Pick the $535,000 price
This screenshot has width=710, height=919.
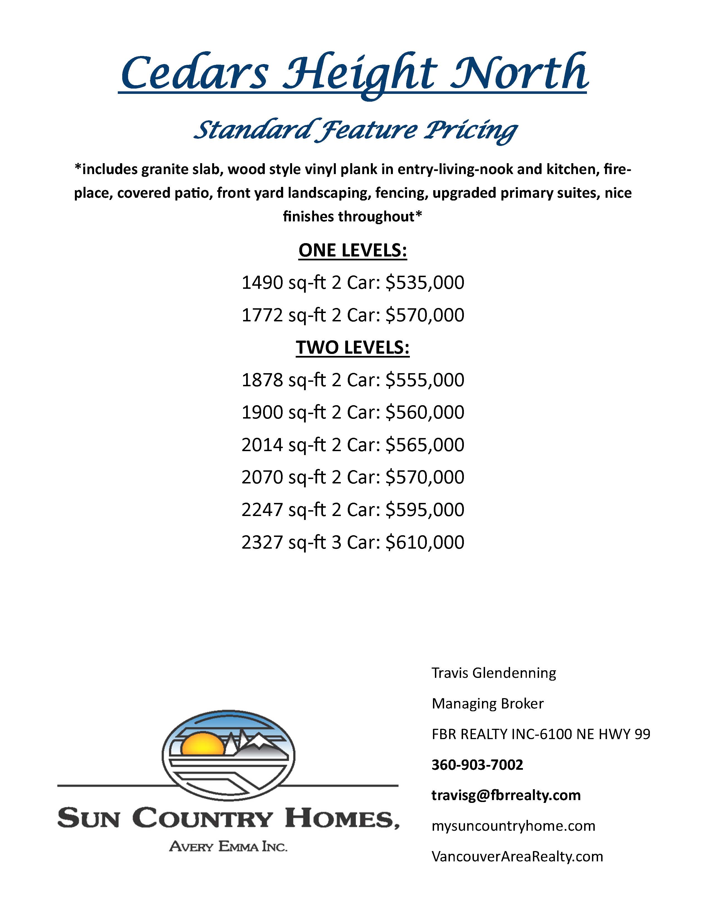click(425, 283)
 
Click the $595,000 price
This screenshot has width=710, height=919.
click(425, 510)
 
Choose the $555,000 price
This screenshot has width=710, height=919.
click(425, 380)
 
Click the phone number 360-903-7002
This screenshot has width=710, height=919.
click(477, 764)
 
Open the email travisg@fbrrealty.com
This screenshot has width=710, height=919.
click(506, 795)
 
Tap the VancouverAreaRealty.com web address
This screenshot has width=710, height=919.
click(517, 857)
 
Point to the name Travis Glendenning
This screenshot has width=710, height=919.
click(493, 673)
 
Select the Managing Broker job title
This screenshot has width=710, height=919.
click(487, 703)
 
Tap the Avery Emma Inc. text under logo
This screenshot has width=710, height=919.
click(228, 846)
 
